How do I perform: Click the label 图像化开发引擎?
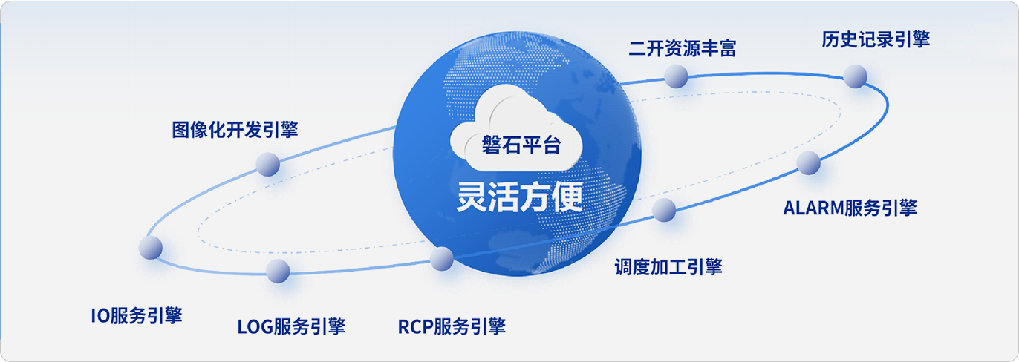click(x=235, y=130)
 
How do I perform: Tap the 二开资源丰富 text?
click(x=683, y=49)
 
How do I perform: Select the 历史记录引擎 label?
click(x=876, y=39)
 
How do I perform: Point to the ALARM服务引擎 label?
click(x=850, y=208)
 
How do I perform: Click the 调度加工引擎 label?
click(x=668, y=266)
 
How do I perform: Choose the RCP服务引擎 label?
click(x=452, y=326)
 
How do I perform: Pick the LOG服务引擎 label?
click(x=292, y=326)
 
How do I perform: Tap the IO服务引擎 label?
click(x=137, y=315)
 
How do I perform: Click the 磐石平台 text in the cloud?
click(x=521, y=145)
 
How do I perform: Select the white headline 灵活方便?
click(x=520, y=197)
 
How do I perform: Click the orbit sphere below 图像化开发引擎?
click(x=267, y=164)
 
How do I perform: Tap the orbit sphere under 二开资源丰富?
click(x=676, y=76)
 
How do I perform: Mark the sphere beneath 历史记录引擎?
click(x=856, y=76)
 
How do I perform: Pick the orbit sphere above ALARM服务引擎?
click(x=808, y=162)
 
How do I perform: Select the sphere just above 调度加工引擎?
click(x=664, y=209)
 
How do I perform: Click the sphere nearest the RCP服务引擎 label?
click(x=442, y=258)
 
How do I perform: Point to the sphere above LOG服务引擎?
click(x=278, y=271)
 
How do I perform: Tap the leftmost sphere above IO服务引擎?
click(x=151, y=248)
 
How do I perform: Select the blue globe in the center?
click(x=518, y=154)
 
